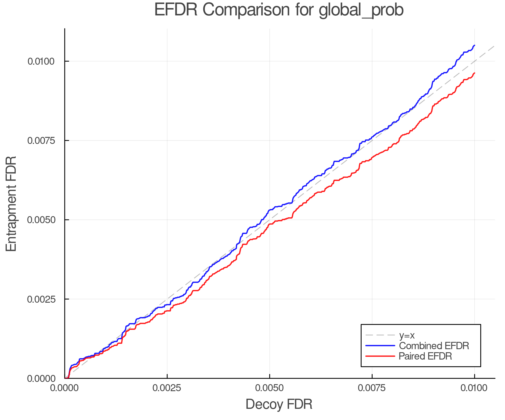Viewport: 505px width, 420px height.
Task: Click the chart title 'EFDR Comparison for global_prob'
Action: [x=279, y=10]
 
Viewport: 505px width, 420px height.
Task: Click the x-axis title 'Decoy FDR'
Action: [x=279, y=404]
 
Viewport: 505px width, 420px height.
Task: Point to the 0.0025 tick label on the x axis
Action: [x=167, y=388]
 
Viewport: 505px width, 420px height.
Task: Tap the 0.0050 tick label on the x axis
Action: [x=269, y=388]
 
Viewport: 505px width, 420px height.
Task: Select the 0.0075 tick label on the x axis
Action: [x=372, y=388]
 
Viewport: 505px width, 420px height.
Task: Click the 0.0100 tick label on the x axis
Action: [x=474, y=388]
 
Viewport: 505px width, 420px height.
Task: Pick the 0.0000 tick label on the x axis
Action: [x=65, y=388]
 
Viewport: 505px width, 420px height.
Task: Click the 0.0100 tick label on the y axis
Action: [x=41, y=61]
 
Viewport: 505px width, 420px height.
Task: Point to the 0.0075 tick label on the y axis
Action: [x=41, y=140]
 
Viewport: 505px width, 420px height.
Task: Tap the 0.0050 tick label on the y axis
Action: [x=41, y=220]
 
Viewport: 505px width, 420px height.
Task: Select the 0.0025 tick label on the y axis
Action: [x=41, y=299]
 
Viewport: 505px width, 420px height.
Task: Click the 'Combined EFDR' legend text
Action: [x=434, y=346]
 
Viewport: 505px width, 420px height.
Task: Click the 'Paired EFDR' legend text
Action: [x=425, y=356]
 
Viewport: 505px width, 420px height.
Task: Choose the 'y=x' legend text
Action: [x=407, y=335]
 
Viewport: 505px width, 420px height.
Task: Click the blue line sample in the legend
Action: [x=380, y=346]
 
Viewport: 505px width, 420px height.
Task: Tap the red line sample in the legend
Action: [x=380, y=356]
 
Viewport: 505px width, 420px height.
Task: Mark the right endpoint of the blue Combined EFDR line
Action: [x=474, y=45]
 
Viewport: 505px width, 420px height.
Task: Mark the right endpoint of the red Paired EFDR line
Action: [x=474, y=73]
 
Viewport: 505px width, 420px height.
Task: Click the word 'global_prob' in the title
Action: [x=361, y=10]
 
